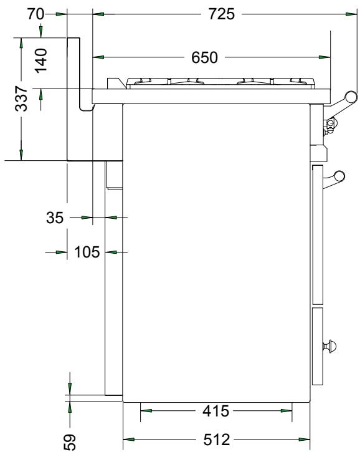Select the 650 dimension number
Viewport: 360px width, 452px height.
[x=204, y=58]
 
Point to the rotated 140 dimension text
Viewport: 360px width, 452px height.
[x=41, y=62]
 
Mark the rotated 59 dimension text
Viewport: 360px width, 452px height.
[x=70, y=441]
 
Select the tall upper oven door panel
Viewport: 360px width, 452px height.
[x=318, y=232]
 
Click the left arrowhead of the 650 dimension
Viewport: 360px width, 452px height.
[x=98, y=57]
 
